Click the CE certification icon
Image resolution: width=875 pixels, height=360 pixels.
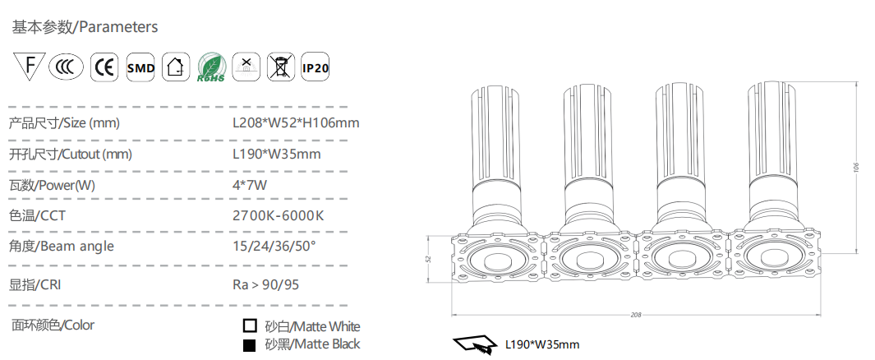104,67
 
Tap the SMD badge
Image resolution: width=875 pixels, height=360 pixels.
140,67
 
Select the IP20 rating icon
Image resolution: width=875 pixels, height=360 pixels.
315,67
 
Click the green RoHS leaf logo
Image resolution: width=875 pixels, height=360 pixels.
212,67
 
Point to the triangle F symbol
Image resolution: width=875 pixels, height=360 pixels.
29,65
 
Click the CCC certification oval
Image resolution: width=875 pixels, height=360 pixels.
66,67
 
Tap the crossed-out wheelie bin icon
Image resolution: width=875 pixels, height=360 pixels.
281,67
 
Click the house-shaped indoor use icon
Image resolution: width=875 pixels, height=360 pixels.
175,67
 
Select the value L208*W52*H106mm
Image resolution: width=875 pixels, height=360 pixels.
296,122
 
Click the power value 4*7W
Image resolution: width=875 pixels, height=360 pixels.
250,185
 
